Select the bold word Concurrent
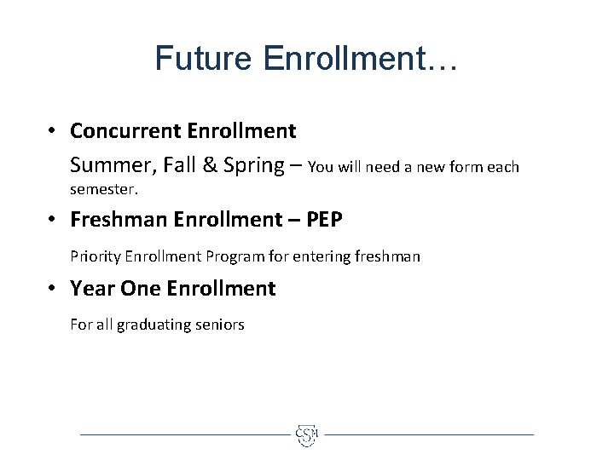(x=124, y=130)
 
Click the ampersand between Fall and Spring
(x=209, y=164)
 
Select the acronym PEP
(x=321, y=220)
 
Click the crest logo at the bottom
(x=307, y=434)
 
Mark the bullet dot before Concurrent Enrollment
(x=53, y=131)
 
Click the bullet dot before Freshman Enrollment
(x=53, y=221)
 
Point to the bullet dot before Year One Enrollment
(x=53, y=290)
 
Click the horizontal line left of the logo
(x=183, y=434)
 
